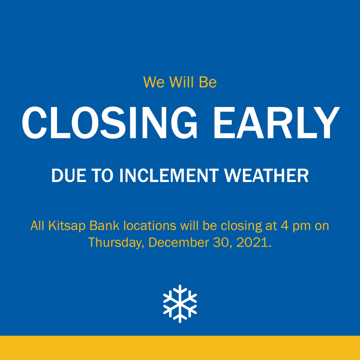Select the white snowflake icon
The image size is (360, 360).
coord(180,304)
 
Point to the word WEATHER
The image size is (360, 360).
coord(266,176)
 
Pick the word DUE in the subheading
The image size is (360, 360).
coord(66,176)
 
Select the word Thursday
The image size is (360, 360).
coord(116,243)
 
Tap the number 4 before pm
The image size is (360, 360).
coord(284,226)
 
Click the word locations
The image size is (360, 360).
coord(150,226)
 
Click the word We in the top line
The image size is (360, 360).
coord(154,82)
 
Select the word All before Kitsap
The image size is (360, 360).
coord(37,226)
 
